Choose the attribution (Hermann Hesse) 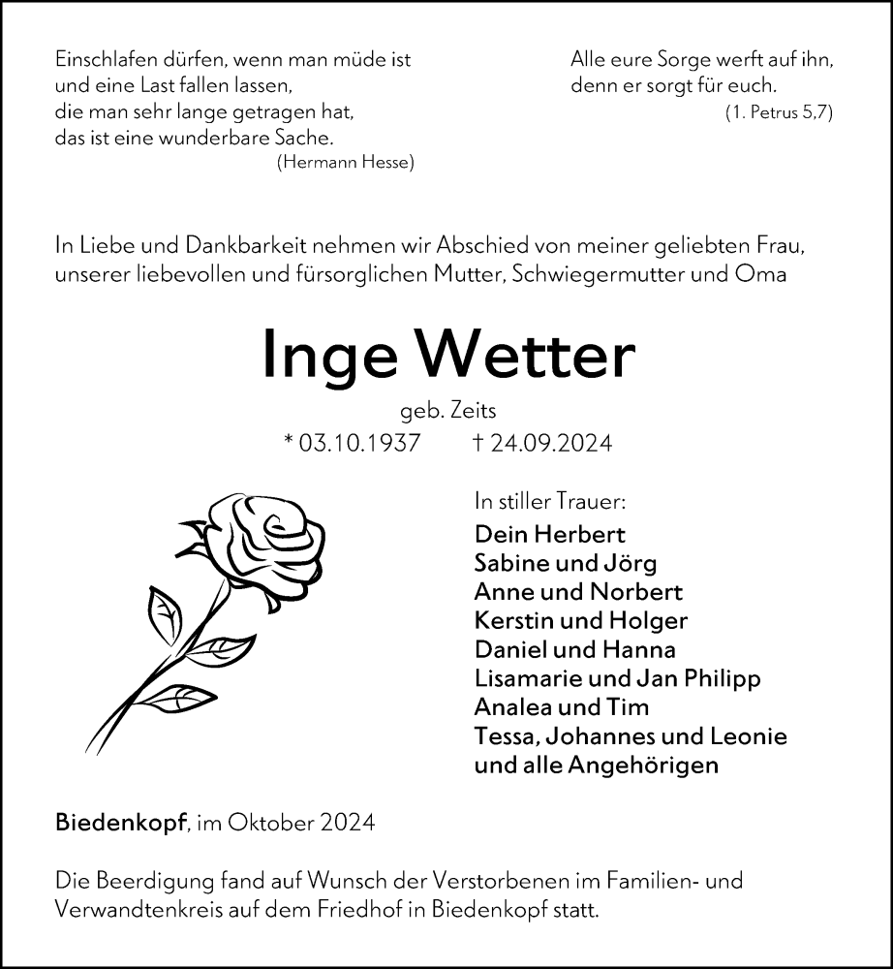[345, 163]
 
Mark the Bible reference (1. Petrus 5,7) [779, 112]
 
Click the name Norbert [638, 592]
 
